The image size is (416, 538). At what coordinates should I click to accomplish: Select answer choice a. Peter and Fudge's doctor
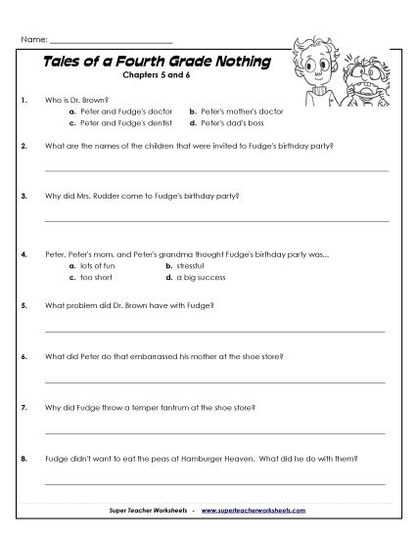click(116, 112)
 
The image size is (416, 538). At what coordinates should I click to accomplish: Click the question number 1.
click(23, 100)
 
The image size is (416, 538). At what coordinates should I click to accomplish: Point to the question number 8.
click(23, 456)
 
